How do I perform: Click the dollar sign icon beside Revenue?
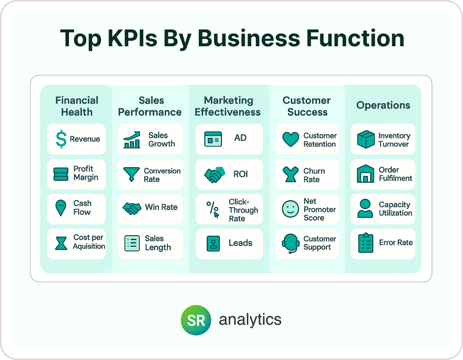click(x=61, y=139)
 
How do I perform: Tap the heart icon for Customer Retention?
click(x=290, y=139)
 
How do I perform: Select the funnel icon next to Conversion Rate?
click(x=131, y=174)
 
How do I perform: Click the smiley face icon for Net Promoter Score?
click(x=290, y=209)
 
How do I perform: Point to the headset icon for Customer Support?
click(x=290, y=244)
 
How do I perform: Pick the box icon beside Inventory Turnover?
click(x=366, y=139)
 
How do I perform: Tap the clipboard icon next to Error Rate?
click(x=366, y=243)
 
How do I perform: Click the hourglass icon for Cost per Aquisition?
click(x=61, y=243)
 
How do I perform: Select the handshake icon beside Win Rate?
click(x=132, y=209)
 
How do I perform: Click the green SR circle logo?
click(x=196, y=320)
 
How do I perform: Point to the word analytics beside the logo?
click(x=250, y=320)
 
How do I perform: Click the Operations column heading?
click(x=383, y=105)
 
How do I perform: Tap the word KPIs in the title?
click(x=132, y=39)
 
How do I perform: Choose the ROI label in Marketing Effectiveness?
click(x=241, y=174)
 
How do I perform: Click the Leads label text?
click(x=240, y=243)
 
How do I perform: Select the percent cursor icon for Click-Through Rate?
click(x=213, y=209)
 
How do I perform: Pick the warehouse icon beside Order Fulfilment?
click(x=366, y=173)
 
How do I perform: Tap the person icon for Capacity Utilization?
click(x=365, y=208)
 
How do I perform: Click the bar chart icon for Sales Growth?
click(x=132, y=140)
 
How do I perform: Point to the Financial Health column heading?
click(x=77, y=106)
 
